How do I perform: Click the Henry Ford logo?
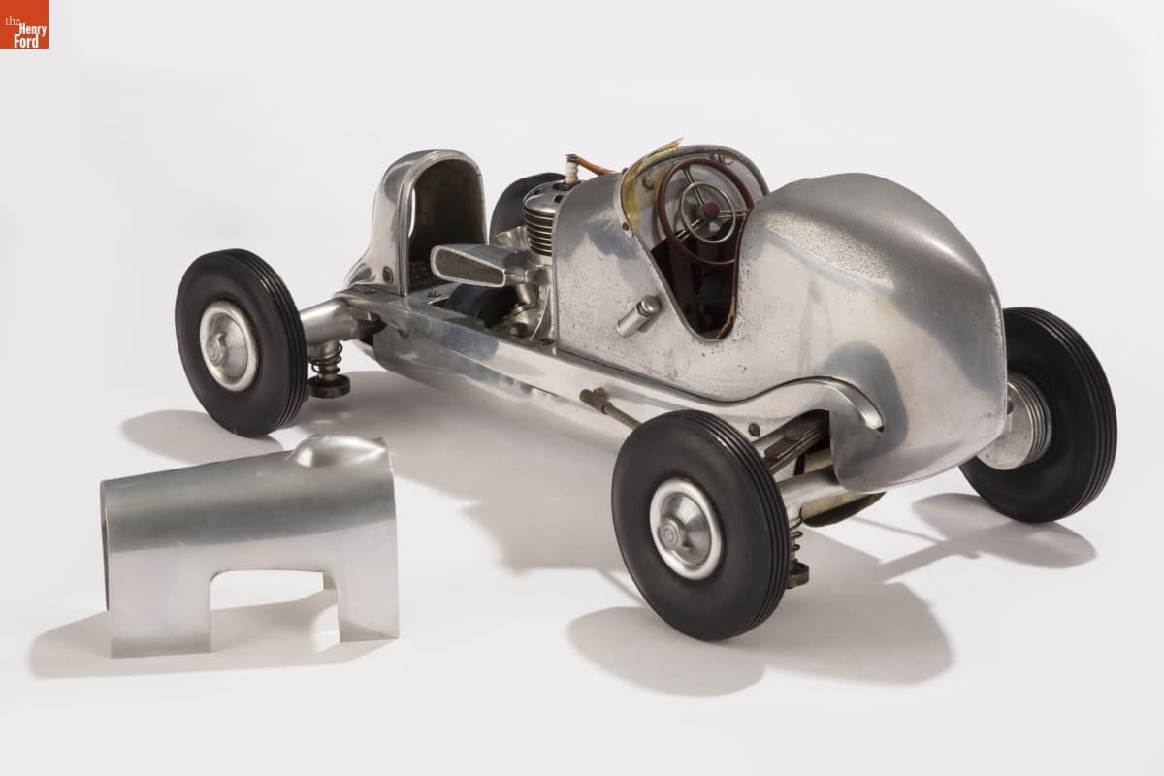click(24, 24)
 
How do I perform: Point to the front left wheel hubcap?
click(229, 345)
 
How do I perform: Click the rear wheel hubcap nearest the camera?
click(685, 529)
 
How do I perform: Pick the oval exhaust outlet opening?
click(468, 266)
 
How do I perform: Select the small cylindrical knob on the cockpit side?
click(638, 315)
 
